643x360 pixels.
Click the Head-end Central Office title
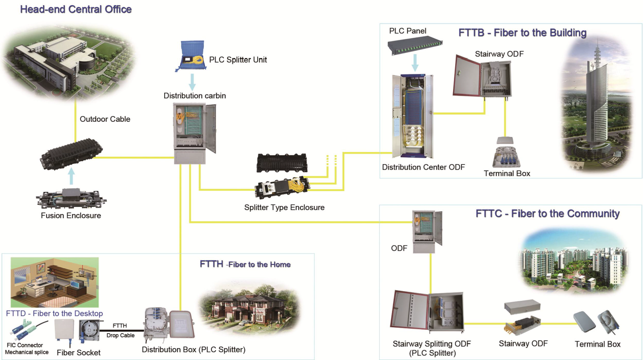point(76,9)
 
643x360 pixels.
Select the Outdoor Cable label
point(105,119)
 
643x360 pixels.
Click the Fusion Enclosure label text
point(71,216)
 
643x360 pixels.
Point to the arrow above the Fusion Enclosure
point(71,178)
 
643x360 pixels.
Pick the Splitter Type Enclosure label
point(284,207)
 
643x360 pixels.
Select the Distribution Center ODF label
point(423,167)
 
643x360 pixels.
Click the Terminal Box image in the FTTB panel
point(506,153)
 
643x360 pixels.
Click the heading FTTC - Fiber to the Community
point(548,214)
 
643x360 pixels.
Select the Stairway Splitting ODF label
point(432,344)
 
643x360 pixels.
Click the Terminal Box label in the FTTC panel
point(597,344)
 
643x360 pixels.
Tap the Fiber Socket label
point(79,353)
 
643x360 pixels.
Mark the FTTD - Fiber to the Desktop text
point(54,313)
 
